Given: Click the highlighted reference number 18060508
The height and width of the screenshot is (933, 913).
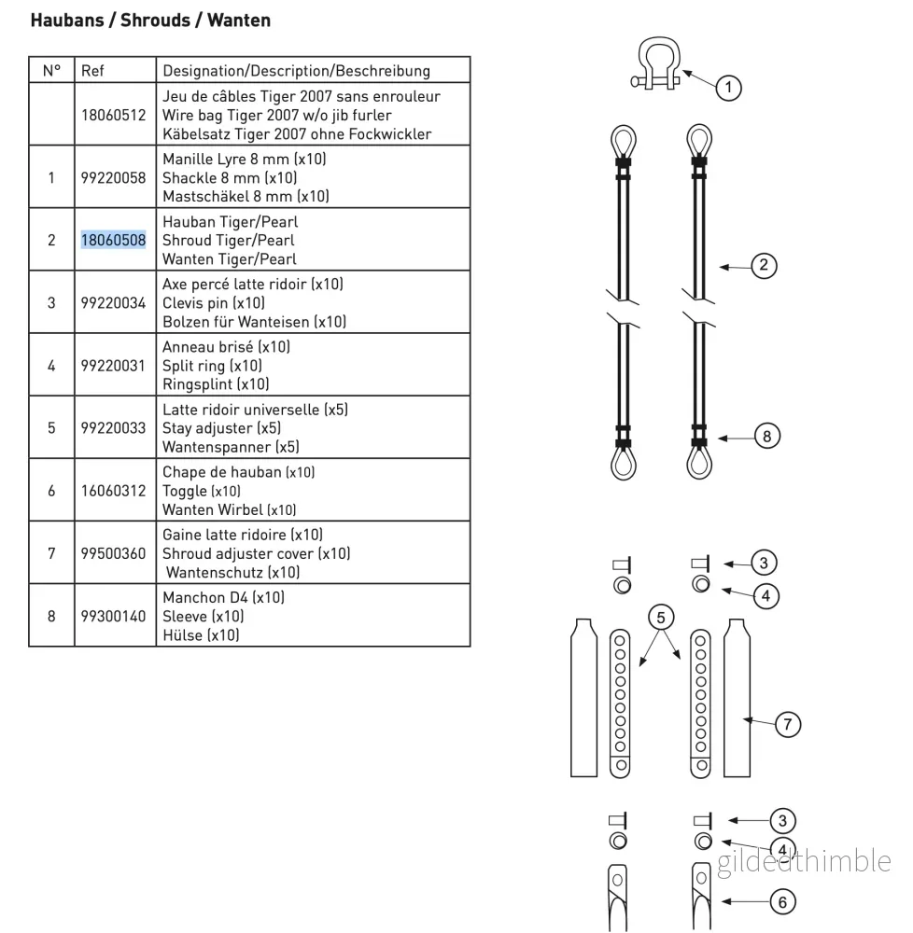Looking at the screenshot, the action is point(113,240).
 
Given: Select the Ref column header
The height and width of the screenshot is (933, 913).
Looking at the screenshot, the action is point(92,71).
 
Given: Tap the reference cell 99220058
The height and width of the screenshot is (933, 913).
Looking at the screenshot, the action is point(113,177).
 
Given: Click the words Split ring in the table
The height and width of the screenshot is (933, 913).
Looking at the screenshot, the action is point(193,366).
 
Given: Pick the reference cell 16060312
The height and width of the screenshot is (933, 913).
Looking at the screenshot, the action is point(113,491).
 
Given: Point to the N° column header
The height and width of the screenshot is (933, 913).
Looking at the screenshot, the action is point(51,71).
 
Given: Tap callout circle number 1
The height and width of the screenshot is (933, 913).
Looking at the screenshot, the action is point(728,88).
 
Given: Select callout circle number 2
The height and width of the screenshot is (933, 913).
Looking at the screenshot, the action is point(764,265).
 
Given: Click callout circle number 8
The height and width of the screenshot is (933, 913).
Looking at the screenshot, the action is point(766,436).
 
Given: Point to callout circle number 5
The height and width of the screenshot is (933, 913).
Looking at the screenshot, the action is point(661,618).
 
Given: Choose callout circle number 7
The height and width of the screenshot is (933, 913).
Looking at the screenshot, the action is point(787,724).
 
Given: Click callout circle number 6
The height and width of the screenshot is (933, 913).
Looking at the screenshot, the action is point(782,902).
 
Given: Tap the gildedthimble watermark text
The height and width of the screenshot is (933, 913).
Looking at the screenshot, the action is point(804,861).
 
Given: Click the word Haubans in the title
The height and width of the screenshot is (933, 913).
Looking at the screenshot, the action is point(67,21).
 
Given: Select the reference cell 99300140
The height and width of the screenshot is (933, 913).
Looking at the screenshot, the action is point(113,616).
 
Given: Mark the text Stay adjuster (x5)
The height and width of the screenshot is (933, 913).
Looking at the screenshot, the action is point(221,428).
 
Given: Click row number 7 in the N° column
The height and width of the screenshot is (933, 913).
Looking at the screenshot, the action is point(51,553).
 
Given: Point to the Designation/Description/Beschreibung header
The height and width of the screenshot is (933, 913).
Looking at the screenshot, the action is point(296,71).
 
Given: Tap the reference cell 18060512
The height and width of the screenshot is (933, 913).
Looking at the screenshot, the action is point(113,115).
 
